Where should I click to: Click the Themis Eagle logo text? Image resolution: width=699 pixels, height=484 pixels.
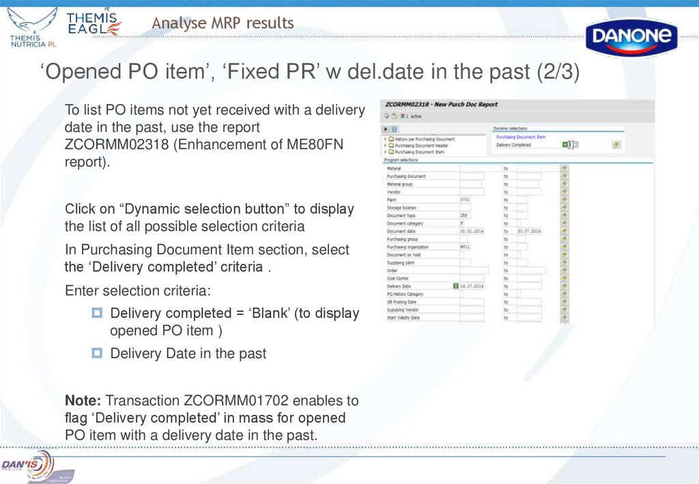[93, 23]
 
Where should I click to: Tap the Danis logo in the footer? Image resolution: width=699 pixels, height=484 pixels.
[27, 465]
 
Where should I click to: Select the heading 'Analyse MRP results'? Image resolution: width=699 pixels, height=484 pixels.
[223, 23]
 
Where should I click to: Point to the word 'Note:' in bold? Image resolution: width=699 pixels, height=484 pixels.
[83, 400]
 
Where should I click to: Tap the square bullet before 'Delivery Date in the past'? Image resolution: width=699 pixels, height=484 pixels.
[97, 353]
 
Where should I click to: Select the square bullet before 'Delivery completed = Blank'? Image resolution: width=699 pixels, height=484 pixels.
[97, 313]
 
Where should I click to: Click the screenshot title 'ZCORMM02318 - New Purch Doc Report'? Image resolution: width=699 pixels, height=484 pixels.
[442, 105]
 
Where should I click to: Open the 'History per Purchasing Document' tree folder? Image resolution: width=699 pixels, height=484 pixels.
[424, 139]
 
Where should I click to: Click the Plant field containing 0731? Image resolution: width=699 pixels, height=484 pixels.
[471, 200]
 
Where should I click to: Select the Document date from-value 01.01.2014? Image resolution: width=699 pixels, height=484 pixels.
[472, 231]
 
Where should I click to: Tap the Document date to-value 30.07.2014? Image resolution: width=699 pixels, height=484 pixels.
[529, 231]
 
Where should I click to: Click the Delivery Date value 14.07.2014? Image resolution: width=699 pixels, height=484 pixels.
[472, 286]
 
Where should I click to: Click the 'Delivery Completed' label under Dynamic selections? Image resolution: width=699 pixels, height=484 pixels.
[513, 145]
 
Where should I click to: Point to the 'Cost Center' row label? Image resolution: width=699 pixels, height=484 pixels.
[397, 278]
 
